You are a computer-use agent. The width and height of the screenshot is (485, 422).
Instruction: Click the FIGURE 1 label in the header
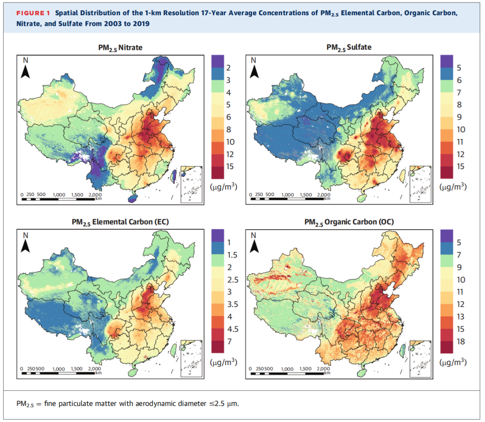[33, 13]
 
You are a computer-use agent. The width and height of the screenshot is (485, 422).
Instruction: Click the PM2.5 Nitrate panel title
[120, 48]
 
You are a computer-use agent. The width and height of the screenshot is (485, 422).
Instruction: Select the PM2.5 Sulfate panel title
[349, 48]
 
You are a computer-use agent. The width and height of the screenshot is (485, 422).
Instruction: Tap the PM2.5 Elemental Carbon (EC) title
[120, 222]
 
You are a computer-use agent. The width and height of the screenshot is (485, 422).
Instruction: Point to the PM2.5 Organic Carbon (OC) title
[349, 222]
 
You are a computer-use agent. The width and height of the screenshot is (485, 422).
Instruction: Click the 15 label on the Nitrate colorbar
[230, 166]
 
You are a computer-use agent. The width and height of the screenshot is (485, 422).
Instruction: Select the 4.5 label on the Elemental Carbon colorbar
[233, 329]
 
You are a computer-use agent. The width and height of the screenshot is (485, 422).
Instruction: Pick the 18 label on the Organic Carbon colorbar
[461, 341]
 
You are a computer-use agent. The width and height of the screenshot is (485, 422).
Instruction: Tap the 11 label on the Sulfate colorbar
[460, 142]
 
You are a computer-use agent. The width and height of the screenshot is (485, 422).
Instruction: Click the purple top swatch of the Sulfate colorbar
[446, 61]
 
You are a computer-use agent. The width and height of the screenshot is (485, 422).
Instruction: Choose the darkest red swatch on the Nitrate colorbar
[217, 173]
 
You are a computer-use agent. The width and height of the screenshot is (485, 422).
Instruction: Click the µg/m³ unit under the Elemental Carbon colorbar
[224, 362]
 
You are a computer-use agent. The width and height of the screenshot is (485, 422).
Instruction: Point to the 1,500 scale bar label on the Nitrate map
[77, 195]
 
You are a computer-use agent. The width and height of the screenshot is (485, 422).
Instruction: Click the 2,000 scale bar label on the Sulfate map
[323, 195]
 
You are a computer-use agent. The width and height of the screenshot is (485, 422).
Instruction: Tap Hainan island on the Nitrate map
[132, 198]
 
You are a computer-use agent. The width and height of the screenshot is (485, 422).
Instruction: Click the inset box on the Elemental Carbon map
[191, 358]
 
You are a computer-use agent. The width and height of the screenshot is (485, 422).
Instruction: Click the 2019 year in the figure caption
[141, 24]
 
